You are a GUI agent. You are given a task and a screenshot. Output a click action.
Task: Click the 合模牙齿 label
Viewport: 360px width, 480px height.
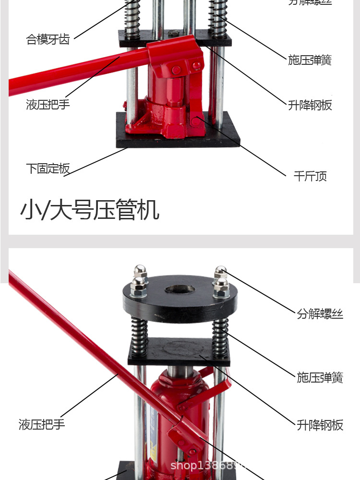[x=48, y=39]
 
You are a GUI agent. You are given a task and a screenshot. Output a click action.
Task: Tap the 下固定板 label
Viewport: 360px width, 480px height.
[x=48, y=168]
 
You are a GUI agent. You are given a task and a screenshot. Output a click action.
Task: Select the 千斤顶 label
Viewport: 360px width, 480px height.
[x=310, y=176]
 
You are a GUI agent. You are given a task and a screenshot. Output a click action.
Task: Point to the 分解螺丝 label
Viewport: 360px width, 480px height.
[x=320, y=314]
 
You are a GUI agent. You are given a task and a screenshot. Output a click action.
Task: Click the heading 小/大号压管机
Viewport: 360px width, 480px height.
[x=89, y=210]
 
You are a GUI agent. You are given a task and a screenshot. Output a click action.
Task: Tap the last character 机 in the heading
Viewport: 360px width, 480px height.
[x=149, y=210]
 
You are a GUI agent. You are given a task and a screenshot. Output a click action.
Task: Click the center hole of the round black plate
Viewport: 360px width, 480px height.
[x=180, y=290]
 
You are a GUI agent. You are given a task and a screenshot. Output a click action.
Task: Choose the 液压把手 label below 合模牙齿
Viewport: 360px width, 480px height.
[x=48, y=104]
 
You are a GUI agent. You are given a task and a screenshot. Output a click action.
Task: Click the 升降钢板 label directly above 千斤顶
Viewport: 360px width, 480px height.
[x=310, y=105]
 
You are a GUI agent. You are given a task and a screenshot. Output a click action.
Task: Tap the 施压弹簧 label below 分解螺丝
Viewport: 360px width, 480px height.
[x=320, y=377]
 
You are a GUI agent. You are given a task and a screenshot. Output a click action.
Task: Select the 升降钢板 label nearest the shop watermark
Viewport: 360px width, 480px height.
[x=320, y=425]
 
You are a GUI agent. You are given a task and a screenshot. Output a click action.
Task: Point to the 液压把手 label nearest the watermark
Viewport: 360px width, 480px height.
[x=42, y=424]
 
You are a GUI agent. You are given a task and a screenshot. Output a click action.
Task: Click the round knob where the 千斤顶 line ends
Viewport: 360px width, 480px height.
[x=196, y=120]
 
